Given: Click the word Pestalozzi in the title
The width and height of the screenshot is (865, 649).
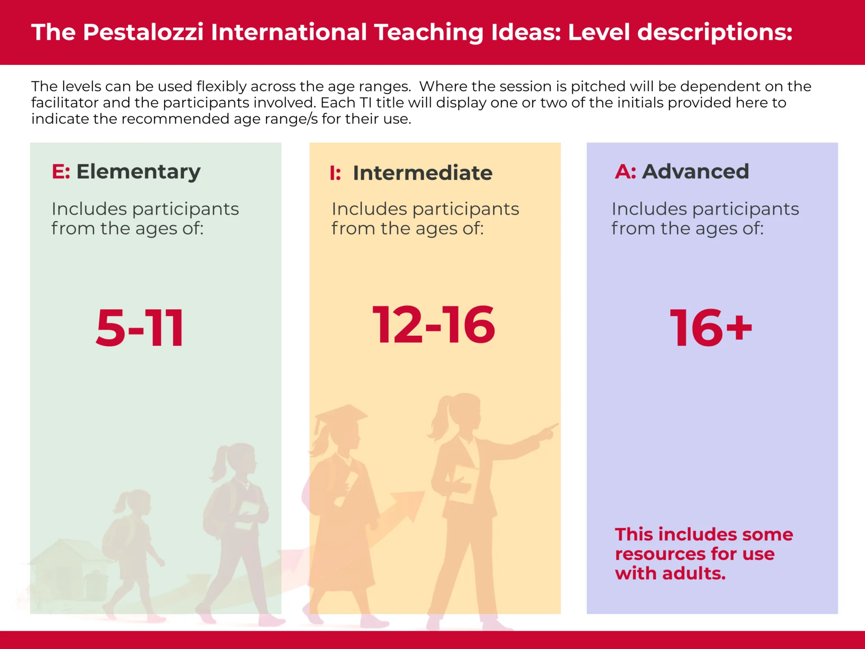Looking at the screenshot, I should (143, 32).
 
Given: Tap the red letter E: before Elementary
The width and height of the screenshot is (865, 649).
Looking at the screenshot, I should (61, 172).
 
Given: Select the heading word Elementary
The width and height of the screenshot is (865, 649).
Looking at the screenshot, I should (138, 172).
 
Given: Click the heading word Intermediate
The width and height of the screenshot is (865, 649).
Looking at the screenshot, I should (423, 173).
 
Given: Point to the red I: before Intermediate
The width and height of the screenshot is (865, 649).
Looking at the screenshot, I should (335, 173).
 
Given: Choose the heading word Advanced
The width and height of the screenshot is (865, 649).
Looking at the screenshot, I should (695, 172).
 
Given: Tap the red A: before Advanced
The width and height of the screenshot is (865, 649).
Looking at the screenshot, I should (625, 172).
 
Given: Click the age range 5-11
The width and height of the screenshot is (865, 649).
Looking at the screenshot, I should (140, 328).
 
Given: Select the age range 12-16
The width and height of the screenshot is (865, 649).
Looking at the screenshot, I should (434, 324).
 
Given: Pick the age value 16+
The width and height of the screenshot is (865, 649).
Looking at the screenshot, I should (711, 328).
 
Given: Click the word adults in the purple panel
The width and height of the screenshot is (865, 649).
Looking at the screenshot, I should (694, 574).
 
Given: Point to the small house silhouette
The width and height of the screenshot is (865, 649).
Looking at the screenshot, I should (69, 567).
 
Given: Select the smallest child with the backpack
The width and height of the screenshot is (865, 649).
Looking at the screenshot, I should (130, 545).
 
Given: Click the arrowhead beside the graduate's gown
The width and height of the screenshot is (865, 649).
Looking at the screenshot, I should (409, 504).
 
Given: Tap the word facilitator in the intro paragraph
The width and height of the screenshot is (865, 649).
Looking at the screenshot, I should (65, 103).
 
